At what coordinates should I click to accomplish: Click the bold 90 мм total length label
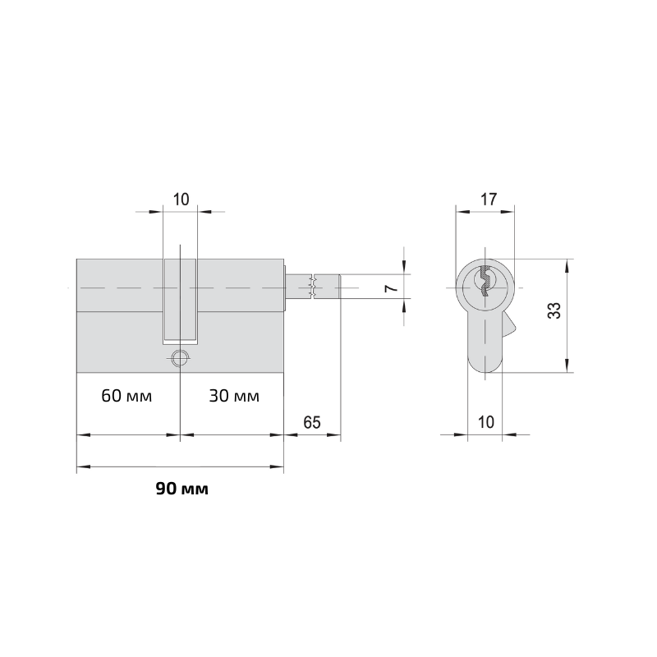[181, 489]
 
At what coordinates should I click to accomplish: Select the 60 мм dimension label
[126, 396]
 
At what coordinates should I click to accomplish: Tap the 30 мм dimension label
[234, 396]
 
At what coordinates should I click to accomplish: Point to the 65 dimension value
[312, 422]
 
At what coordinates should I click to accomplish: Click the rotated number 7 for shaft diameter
[391, 288]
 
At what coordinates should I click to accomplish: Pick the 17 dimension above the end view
[488, 200]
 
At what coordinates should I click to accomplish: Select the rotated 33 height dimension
[554, 310]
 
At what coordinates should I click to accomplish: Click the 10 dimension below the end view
[486, 422]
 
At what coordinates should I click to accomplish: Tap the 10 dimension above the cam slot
[181, 200]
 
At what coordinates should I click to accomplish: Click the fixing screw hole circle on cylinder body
[180, 358]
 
